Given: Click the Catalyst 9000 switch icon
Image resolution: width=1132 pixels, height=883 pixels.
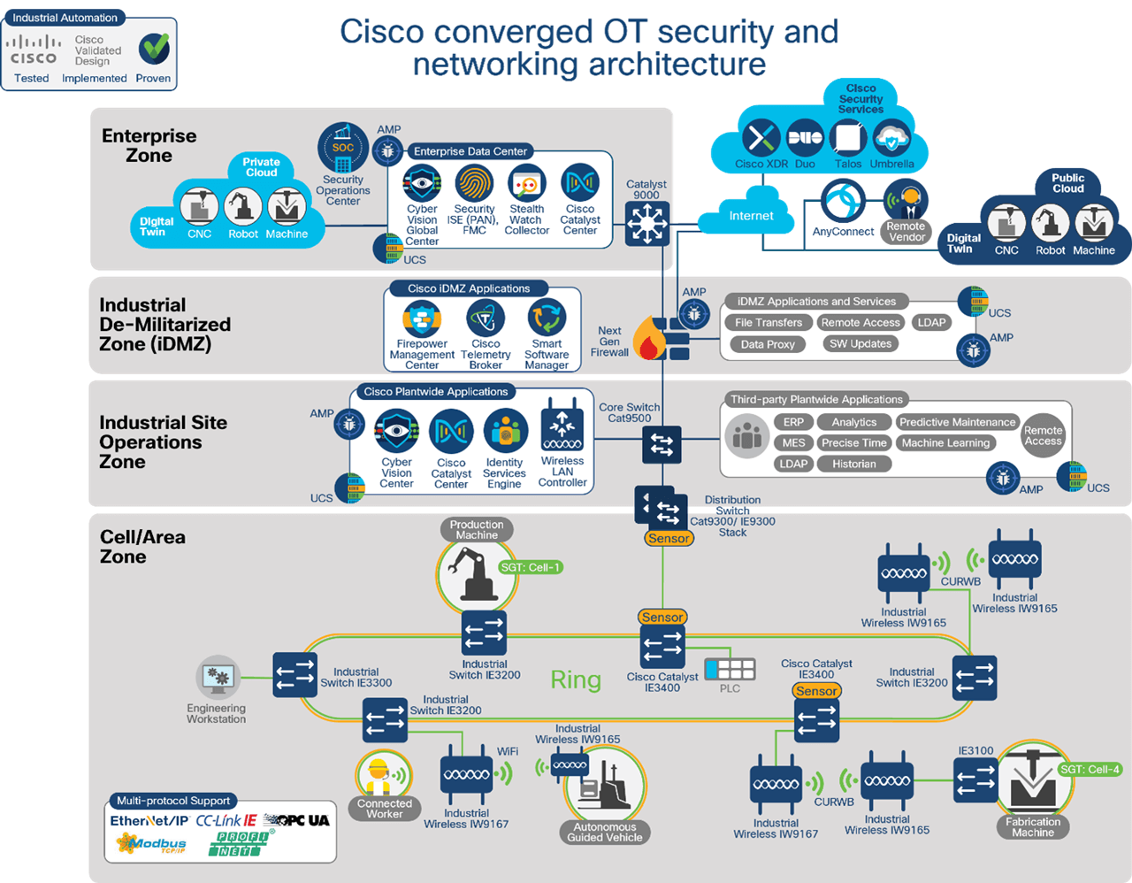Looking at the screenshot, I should (x=647, y=223).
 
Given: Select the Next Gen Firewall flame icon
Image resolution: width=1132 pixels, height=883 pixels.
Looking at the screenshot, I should (x=650, y=339).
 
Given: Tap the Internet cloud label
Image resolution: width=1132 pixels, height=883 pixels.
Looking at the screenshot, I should (x=751, y=216).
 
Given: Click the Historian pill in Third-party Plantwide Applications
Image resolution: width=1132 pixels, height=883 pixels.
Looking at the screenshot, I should (x=853, y=464).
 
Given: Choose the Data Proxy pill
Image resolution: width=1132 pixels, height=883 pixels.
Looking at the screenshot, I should (x=768, y=344).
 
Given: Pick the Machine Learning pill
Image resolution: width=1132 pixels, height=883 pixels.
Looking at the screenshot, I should (x=945, y=443).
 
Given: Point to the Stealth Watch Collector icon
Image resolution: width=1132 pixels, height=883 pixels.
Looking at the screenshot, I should (x=527, y=184).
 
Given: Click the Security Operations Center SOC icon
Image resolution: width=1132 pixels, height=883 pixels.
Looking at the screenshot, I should (x=343, y=148).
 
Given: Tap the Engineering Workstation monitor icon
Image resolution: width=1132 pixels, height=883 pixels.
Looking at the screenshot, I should (x=218, y=679).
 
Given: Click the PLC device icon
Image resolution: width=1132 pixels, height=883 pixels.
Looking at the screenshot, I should (x=730, y=669).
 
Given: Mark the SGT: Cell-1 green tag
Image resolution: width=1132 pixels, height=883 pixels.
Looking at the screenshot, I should (x=530, y=567).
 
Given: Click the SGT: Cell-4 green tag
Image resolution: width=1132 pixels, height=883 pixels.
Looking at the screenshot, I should (x=1090, y=769).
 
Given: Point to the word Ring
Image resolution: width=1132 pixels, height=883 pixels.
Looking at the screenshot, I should (x=576, y=680).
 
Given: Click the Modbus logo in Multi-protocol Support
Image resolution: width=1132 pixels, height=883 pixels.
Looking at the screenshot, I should (x=151, y=844).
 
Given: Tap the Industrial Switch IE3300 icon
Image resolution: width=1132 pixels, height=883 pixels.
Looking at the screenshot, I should (x=294, y=674).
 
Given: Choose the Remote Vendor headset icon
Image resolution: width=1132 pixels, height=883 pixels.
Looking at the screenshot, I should (x=906, y=200).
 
